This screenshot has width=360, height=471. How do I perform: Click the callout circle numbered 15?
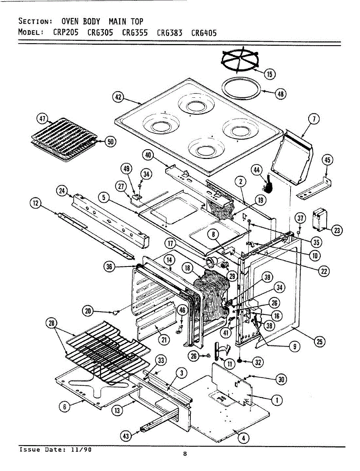click(269, 73)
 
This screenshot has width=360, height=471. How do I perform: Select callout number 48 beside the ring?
click(280, 94)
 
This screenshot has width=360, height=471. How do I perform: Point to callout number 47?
click(42, 119)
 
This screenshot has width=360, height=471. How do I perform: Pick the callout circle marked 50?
click(111, 142)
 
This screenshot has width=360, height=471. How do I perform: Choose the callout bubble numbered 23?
click(336, 230)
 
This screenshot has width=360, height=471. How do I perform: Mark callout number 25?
click(320, 342)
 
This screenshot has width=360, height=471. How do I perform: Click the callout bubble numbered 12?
click(36, 203)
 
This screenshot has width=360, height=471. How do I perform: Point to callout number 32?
click(257, 362)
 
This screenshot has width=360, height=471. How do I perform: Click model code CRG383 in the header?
click(170, 33)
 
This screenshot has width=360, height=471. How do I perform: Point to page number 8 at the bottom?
click(185, 454)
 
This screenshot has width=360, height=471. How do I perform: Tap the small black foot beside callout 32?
click(239, 360)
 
